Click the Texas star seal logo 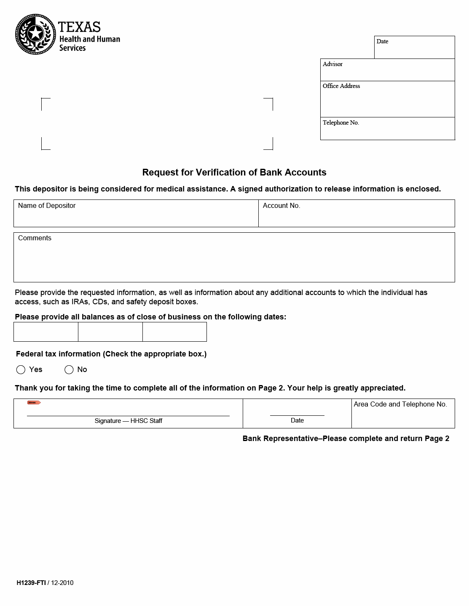point(35,34)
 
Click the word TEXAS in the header point(79,27)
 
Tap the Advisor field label point(332,64)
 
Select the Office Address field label point(341,86)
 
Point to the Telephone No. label point(340,123)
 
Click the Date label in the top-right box point(382,42)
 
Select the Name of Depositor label point(47,206)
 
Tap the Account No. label point(281,206)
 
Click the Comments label point(35,238)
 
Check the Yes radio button point(21,370)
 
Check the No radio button point(69,370)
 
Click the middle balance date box point(110,332)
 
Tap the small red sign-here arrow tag point(34,403)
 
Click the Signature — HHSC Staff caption point(128,421)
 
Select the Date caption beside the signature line point(297,420)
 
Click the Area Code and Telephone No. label point(400,404)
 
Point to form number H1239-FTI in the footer point(31,583)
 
